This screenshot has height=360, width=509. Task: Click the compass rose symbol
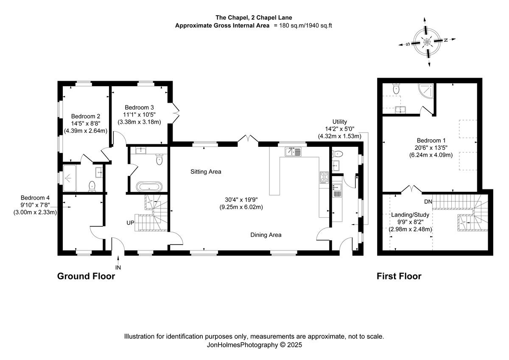coord(428,41)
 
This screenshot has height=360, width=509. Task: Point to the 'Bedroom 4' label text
coord(35,198)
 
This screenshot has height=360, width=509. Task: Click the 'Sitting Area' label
coord(206,172)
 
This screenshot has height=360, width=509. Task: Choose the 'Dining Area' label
coord(266,235)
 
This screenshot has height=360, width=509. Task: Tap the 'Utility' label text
coord(339,121)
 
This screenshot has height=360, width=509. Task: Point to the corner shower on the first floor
coord(425,90)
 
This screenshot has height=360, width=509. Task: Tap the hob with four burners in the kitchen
coord(324,177)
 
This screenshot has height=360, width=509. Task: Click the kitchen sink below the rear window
coord(293,152)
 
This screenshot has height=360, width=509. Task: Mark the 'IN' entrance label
coord(118,267)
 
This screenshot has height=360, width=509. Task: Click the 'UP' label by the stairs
coord(130,222)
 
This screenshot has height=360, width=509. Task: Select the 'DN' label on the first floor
coord(428,202)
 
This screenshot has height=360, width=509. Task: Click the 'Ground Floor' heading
coord(86,276)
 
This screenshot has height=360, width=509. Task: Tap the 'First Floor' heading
coord(399,276)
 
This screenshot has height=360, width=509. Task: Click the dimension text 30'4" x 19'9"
coord(244,200)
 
